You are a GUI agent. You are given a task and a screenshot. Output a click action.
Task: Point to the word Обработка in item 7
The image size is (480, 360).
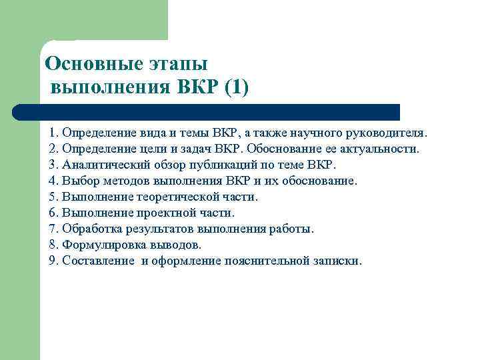tap(89, 228)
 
